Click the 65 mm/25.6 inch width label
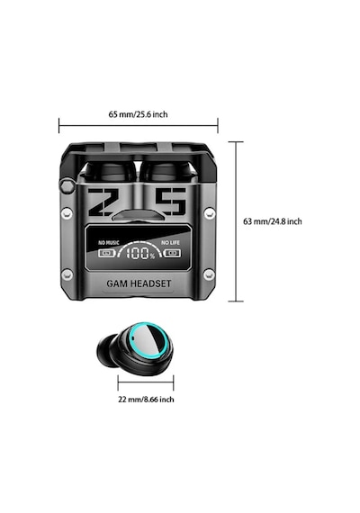click(138, 114)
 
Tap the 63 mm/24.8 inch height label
click(273, 221)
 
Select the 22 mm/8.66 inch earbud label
click(146, 400)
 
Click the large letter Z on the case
click(101, 202)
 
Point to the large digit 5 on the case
click(170, 202)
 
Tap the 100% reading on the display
click(140, 254)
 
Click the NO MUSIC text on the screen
click(109, 243)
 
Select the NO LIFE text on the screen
click(170, 242)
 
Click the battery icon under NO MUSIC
click(107, 253)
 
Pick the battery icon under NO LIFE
click(172, 253)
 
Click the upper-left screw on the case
click(67, 213)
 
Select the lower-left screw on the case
click(67, 274)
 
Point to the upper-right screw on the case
click(210, 213)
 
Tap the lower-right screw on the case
click(209, 274)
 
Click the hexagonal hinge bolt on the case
click(67, 185)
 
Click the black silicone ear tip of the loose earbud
click(105, 351)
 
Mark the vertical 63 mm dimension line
click(236, 221)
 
